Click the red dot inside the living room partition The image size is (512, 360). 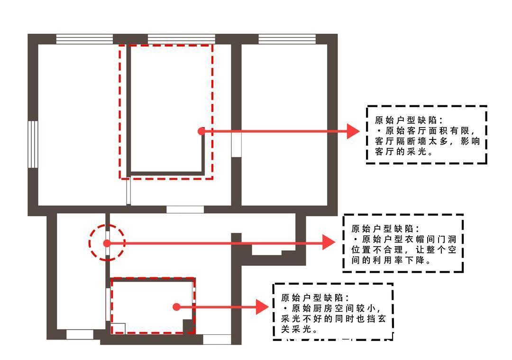pyautogui.click(x=201, y=131)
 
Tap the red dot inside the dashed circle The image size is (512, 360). pyautogui.click(x=107, y=243)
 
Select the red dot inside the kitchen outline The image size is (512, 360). pyautogui.click(x=176, y=307)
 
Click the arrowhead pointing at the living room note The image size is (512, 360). pyautogui.click(x=353, y=131)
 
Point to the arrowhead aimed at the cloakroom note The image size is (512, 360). pyautogui.click(x=329, y=242)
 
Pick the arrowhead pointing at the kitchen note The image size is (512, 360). pyautogui.click(x=262, y=307)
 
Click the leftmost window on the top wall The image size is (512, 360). pyautogui.click(x=84, y=39)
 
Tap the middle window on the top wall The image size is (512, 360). pyautogui.click(x=181, y=39)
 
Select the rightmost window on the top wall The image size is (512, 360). pyautogui.click(x=287, y=39)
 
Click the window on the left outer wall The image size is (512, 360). pyautogui.click(x=33, y=144)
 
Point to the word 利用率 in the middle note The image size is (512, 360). pyautogui.click(x=388, y=260)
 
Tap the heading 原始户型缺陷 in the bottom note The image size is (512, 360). pyautogui.click(x=312, y=298)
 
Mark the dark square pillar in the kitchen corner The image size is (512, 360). pyautogui.click(x=188, y=326)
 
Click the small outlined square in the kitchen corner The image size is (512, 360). pyautogui.click(x=118, y=328)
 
